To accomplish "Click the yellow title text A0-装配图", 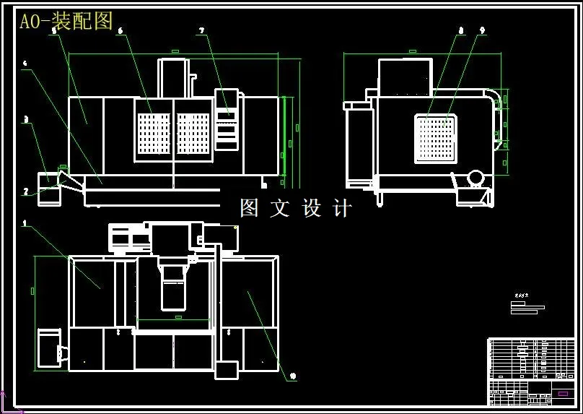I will point(66,22).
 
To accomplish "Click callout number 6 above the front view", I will point(120,30).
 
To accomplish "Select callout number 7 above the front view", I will point(201,30).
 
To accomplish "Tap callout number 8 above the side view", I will point(460,30).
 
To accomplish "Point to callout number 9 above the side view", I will point(481,30).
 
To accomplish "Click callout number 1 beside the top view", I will point(25,223).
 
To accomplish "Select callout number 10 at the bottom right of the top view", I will point(292,376).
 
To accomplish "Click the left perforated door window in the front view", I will point(154,134).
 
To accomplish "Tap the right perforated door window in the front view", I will point(193,134).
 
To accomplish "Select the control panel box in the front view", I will point(227,120).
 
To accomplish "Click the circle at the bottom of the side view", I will point(475,178).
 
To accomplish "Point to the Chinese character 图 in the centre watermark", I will point(249,208).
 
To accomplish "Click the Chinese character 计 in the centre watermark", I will point(343,208).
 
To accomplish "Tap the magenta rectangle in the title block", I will point(563,394).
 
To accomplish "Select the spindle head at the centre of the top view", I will point(173,286).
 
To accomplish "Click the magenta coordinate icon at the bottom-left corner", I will point(4,400).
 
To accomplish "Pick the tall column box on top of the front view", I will point(172,77).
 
